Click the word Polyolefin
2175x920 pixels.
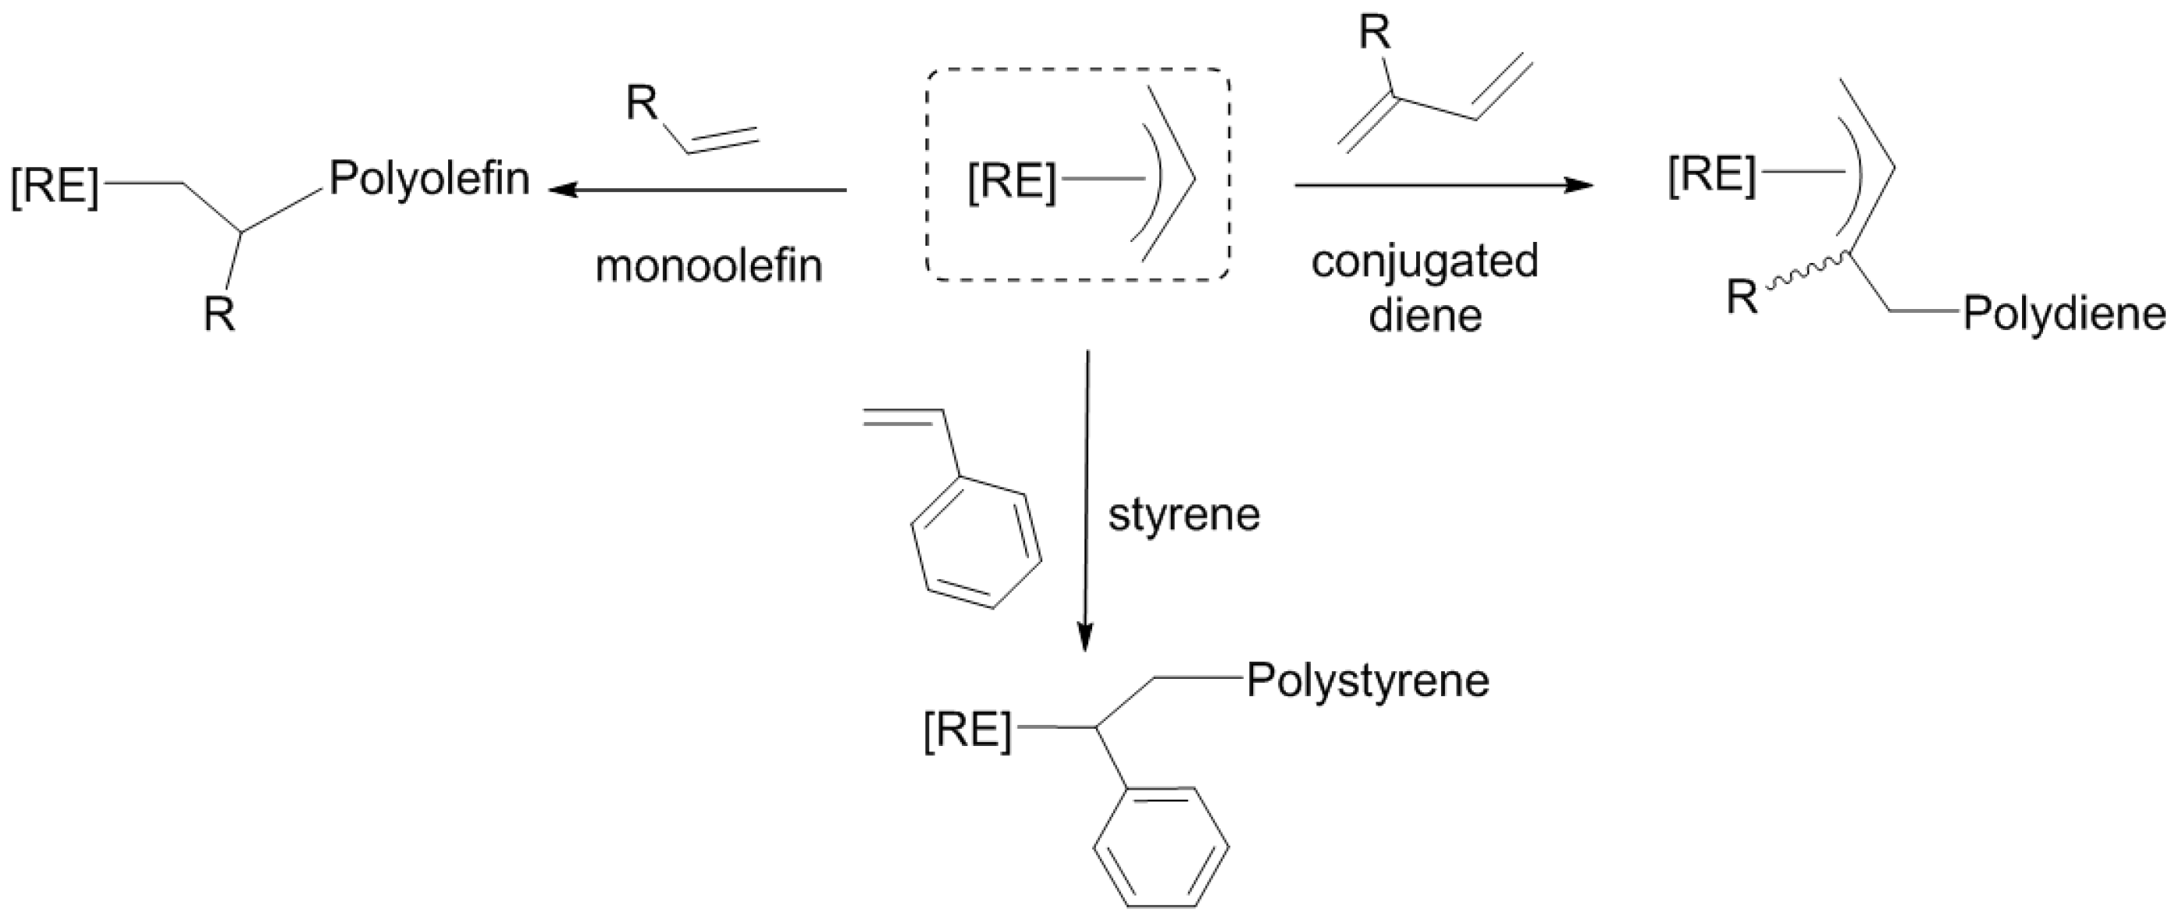(429, 179)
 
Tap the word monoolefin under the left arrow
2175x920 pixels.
(708, 267)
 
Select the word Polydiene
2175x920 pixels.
(2063, 314)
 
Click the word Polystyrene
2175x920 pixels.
(1368, 681)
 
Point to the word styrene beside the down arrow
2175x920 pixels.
(1184, 514)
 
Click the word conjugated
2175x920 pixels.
(1425, 261)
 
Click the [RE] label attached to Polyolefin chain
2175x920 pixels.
(55, 186)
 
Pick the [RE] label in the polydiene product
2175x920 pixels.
(1711, 176)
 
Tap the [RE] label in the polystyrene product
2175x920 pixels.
(966, 730)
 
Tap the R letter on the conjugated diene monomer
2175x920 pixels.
(1375, 35)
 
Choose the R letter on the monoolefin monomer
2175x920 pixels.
(642, 105)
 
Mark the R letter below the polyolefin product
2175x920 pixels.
(219, 316)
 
